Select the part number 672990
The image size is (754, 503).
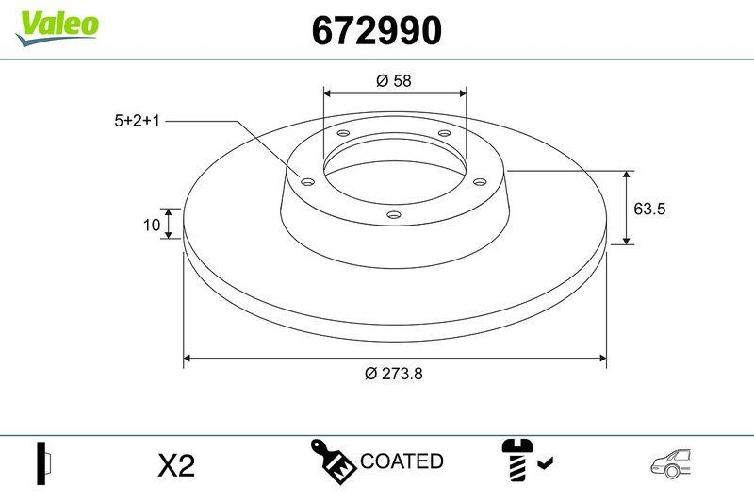[376, 31]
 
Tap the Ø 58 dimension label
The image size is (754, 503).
[394, 81]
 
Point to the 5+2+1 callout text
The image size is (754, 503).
[138, 121]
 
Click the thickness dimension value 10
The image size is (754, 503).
[150, 225]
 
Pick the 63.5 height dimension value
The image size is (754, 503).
[649, 209]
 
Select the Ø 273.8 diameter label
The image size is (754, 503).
[394, 373]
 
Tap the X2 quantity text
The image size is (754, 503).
[175, 464]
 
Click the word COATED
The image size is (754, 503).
[402, 461]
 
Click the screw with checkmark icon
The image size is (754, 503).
[526, 460]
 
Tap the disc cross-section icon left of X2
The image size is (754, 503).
[42, 462]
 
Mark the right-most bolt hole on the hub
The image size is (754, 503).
[479, 181]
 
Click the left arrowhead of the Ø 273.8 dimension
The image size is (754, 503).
[188, 359]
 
